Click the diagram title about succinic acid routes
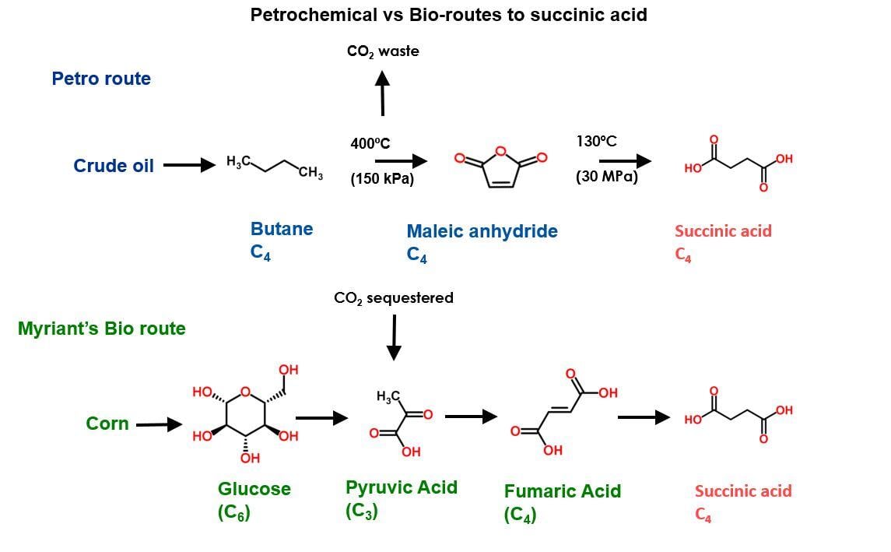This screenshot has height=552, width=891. pos(448,15)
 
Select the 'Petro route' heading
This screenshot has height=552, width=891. pos(101,79)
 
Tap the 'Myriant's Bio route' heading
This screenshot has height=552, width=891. pos(102,329)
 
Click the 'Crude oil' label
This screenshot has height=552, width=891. pos(114,166)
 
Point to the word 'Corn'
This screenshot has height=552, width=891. pos(107,424)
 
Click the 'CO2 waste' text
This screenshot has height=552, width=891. pos(383,51)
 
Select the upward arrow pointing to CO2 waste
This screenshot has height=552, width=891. pos(382,93)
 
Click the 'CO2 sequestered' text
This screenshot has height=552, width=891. pos(393,298)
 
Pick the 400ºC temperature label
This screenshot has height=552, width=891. pos(370,143)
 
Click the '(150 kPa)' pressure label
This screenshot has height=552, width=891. pos(381,179)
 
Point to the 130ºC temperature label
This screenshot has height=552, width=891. pos(596,142)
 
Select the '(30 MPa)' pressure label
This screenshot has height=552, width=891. pos(606,178)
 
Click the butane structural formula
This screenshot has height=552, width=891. pos(274,166)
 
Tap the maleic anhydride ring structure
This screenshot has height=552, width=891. pos(501,165)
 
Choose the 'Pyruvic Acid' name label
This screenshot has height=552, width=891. pos(402,487)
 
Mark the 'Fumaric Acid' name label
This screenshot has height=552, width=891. pos(563,491)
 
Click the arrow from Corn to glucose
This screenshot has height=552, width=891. pos(160,424)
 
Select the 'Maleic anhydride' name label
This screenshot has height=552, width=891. pos(482,231)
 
